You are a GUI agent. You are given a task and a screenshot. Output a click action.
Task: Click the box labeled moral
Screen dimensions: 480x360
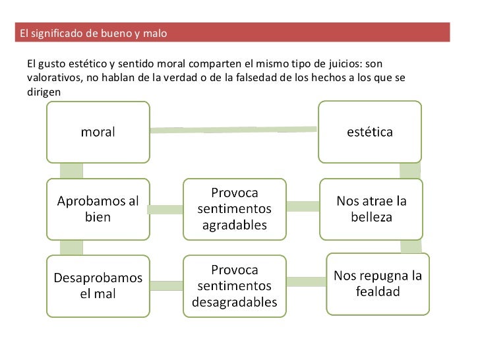click(98, 131)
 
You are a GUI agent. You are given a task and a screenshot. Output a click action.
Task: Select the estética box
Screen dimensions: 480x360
click(369, 131)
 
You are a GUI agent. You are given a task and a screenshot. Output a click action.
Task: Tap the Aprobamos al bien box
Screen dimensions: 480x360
click(98, 209)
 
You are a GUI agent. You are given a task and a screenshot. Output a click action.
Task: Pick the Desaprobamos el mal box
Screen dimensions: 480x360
click(98, 285)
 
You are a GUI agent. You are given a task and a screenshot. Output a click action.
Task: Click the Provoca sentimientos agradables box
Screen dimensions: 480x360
click(234, 209)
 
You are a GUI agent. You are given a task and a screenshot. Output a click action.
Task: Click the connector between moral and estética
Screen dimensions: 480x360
click(234, 130)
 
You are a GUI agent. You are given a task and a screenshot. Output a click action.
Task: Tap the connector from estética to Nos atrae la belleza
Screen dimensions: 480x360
click(410, 170)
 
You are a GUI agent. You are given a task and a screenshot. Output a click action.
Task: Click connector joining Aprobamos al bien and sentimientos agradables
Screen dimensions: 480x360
click(165, 210)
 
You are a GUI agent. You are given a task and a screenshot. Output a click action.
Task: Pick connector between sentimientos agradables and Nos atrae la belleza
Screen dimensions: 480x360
click(303, 206)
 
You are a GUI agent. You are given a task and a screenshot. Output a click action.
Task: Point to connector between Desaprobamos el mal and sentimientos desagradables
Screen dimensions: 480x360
click(165, 285)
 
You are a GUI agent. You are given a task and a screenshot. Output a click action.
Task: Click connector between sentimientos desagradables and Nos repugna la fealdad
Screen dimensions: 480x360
click(307, 282)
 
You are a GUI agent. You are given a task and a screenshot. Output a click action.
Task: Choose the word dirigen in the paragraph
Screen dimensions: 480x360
click(44, 92)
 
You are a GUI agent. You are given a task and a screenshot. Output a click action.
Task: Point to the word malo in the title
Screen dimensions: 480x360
click(155, 33)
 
